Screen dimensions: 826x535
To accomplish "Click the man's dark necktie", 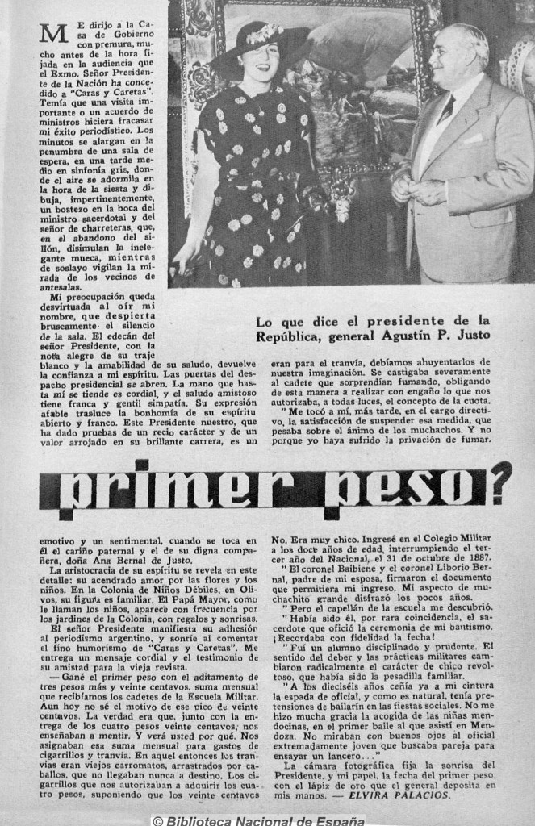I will (x=446, y=108).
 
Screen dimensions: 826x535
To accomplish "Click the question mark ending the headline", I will (x=501, y=482).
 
